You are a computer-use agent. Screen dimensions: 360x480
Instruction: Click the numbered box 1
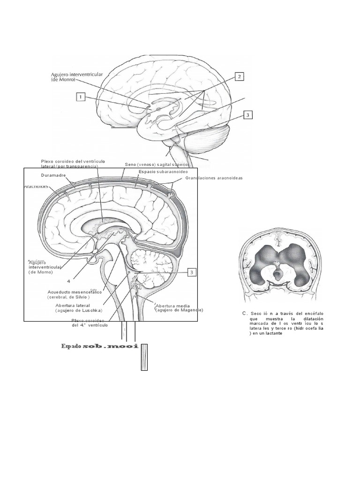[81, 97]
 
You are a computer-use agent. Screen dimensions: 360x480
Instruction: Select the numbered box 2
[239, 76]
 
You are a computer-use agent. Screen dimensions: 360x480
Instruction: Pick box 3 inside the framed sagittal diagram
[191, 272]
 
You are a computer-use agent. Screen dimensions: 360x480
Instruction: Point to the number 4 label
[68, 281]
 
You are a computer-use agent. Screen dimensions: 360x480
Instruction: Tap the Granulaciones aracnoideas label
[214, 178]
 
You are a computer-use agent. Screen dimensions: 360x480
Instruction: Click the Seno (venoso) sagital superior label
[157, 165]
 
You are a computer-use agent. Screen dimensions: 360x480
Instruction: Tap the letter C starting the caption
[244, 313]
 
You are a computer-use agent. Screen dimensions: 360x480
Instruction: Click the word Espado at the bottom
[71, 346]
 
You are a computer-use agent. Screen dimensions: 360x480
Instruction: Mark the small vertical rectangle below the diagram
[144, 357]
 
